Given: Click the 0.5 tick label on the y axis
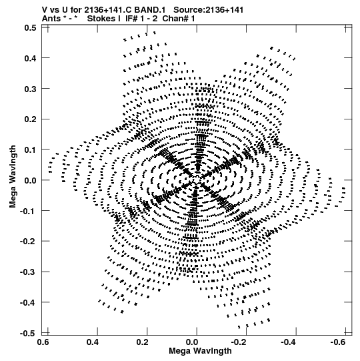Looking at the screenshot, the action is pos(31,28).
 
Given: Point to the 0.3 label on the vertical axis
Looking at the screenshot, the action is pos(31,89).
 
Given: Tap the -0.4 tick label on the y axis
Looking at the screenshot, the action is pos(28,302).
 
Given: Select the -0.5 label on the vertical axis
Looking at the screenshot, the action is pos(28,334).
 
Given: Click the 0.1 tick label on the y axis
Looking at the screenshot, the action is pos(31,150).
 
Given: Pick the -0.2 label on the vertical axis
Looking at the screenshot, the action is pos(28,242).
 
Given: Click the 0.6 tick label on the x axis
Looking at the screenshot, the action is pos(43,342).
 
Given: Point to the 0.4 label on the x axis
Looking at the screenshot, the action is pos(93,342).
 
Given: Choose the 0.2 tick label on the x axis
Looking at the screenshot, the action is pos(143,342).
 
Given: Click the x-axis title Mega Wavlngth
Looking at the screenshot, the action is pos(200,351).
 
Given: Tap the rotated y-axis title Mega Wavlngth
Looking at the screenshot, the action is pos(13,177).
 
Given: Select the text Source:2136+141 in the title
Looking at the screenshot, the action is pos(209,10).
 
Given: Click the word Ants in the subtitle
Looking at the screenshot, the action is pos(51,19).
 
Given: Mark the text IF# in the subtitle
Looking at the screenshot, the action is pos(131,19).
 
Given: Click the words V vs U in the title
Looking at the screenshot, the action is pos(55,10).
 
